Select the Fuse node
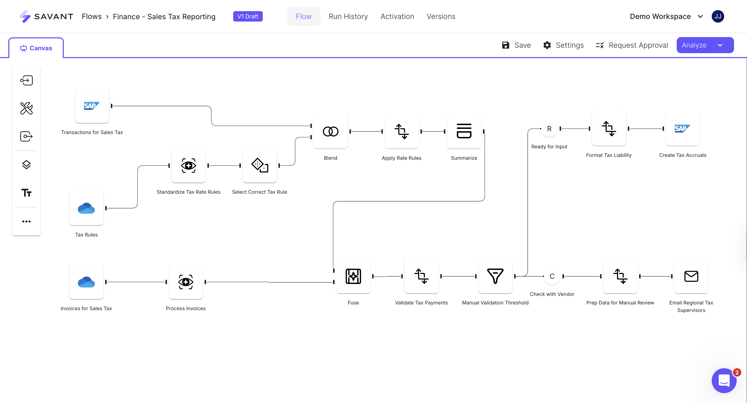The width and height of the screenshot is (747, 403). pos(353,276)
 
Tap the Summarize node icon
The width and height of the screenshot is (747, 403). pos(464,132)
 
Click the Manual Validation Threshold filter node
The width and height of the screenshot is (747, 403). pos(495,276)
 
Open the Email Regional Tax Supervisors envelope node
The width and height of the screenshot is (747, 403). pos(691,276)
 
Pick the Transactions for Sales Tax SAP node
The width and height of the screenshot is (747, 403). pos(92,106)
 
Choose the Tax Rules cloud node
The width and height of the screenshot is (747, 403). pos(86,208)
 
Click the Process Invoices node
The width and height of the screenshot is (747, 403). pos(186,282)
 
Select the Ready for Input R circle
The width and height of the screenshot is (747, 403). pos(549,129)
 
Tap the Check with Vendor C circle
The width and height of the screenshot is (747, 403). pos(552,276)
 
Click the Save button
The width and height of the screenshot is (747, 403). pos(516,45)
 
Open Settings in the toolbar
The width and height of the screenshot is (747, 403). pos(563,45)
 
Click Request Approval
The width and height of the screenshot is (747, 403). pos(632,45)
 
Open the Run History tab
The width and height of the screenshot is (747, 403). pos(348,17)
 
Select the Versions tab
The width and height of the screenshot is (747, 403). pos(441,17)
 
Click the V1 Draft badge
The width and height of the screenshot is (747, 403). pos(248,17)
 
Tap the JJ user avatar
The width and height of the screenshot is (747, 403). pos(718,17)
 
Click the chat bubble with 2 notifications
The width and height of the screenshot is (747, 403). pos(724,380)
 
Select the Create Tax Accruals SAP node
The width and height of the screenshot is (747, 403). pos(683,129)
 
